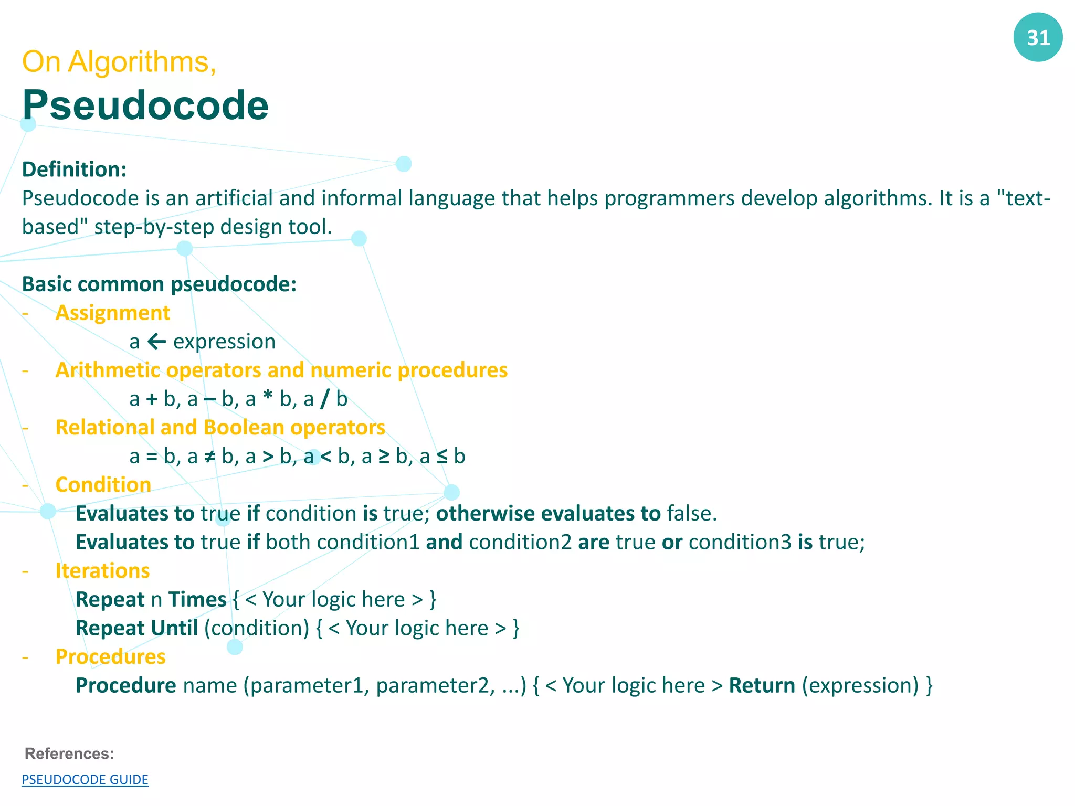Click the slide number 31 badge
point(1038,37)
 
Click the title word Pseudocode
point(145,105)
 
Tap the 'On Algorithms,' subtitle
point(119,62)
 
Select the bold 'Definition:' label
point(75,169)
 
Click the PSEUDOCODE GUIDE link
point(85,780)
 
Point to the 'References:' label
point(69,754)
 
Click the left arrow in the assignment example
point(156,342)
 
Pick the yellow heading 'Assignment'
point(113,313)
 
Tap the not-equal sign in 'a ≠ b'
point(209,457)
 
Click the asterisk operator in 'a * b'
point(268,398)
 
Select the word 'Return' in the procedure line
point(762,686)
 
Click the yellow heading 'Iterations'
point(103,571)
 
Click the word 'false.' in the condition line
point(691,514)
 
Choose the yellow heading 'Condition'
point(103,485)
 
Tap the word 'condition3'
point(740,542)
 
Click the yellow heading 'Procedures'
point(111,657)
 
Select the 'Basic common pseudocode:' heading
point(160,284)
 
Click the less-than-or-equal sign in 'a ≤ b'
point(442,457)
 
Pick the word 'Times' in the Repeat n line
point(197,600)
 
